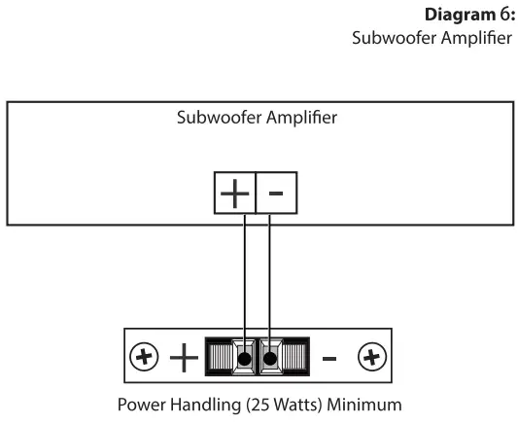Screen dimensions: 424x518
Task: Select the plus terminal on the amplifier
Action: click(x=234, y=194)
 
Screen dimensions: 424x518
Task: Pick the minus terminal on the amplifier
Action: click(x=276, y=194)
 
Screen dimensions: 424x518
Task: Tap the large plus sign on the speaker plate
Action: click(x=184, y=358)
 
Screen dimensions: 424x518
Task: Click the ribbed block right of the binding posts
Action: click(x=294, y=358)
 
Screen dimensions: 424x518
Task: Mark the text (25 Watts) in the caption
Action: click(x=275, y=404)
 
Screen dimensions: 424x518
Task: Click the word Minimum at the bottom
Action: click(x=362, y=404)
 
